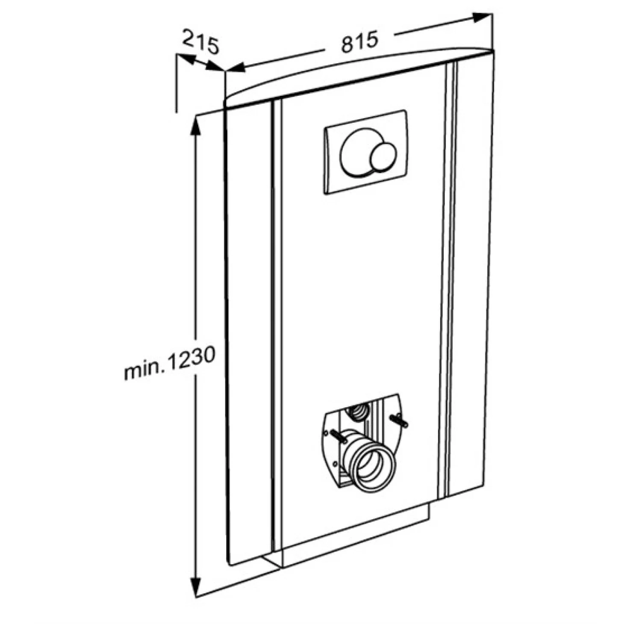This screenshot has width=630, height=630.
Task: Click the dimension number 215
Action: tap(200, 41)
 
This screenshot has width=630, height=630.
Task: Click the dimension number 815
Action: tap(359, 41)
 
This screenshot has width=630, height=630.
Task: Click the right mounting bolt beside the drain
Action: tap(398, 421)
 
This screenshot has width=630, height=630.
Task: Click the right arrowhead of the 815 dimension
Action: tap(483, 18)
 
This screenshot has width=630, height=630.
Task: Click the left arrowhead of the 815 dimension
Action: tap(236, 68)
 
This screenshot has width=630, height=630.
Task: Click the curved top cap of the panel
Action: tap(359, 74)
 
